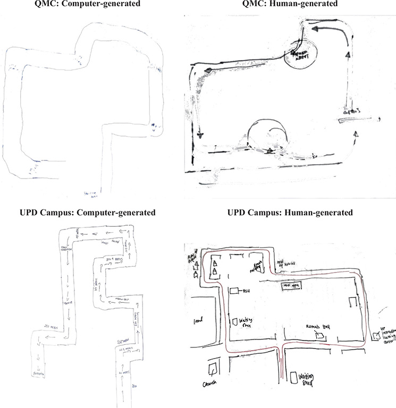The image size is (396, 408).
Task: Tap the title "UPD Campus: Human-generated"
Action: click(289, 213)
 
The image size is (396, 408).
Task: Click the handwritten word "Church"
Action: click(210, 384)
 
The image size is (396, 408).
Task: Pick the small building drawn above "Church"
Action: click(213, 367)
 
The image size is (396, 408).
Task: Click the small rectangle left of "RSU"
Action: click(234, 291)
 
